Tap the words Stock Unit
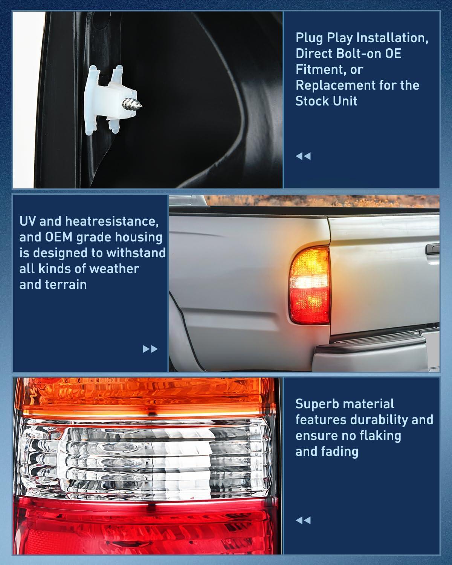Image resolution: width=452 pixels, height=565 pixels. [326, 101]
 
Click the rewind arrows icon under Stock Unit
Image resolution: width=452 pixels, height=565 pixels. [303, 156]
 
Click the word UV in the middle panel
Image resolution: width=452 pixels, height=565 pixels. [29, 221]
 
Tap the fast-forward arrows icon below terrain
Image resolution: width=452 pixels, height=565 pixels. [150, 349]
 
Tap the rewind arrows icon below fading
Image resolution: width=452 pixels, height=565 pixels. [303, 520]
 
